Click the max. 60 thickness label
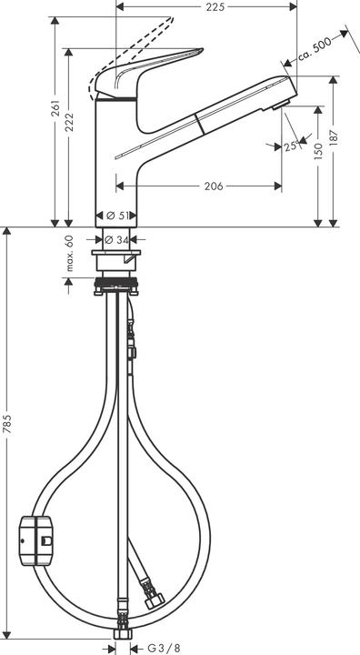pos(68,254)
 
